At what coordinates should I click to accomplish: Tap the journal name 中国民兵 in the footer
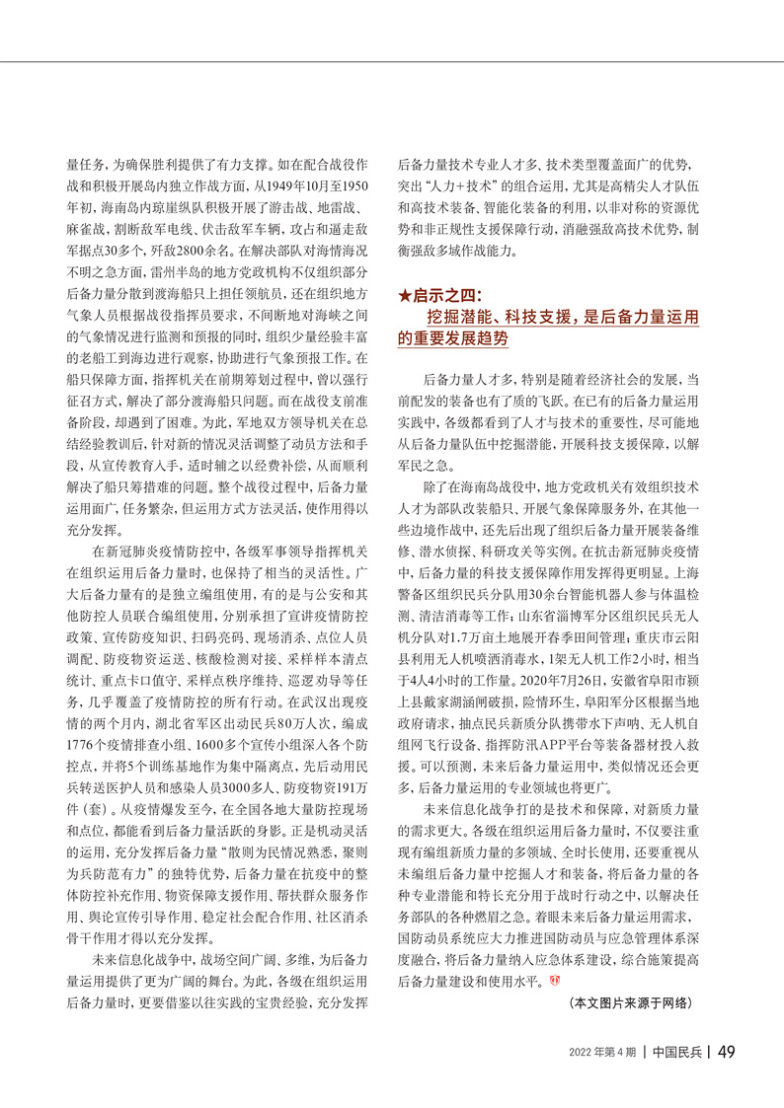click(x=677, y=1052)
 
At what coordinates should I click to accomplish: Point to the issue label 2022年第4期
click(x=601, y=1052)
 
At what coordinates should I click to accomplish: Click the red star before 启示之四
click(x=403, y=295)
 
